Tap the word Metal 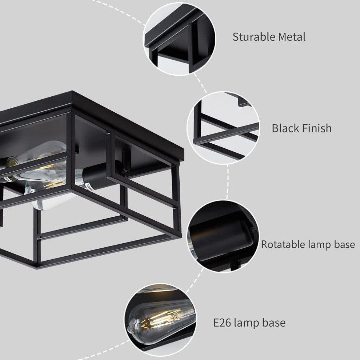click(292, 37)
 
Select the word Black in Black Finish click(285, 128)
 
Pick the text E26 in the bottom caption click(222, 323)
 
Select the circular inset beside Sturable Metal click(179, 39)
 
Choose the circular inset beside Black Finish click(223, 128)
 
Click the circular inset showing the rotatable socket click(222, 236)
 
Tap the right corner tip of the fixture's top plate click(184, 149)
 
